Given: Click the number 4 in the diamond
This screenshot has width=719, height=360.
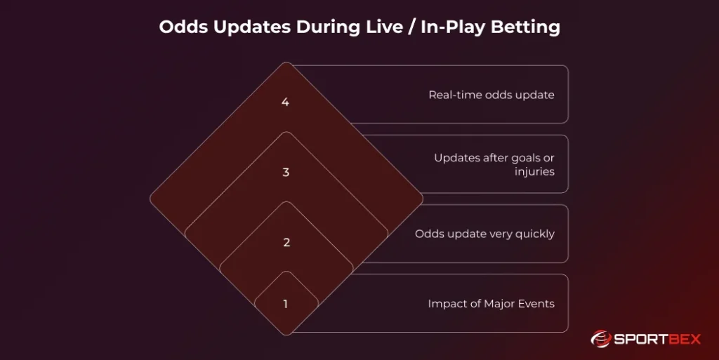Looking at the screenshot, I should [x=285, y=102].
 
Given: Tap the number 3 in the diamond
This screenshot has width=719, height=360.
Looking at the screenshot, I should [x=286, y=173].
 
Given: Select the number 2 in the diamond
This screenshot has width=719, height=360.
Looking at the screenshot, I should [x=286, y=243].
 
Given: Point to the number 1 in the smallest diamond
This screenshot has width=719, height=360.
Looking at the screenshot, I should [x=286, y=305].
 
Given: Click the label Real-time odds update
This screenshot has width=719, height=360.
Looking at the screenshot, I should [x=492, y=95].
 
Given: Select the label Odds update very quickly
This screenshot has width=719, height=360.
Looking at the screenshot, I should [x=484, y=234].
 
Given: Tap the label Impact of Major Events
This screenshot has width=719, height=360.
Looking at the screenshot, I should [x=491, y=304].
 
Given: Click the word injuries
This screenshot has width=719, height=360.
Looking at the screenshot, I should [x=534, y=171].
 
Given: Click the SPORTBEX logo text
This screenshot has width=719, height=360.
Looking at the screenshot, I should [x=658, y=340].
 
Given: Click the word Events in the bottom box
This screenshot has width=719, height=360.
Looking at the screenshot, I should [x=537, y=304].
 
